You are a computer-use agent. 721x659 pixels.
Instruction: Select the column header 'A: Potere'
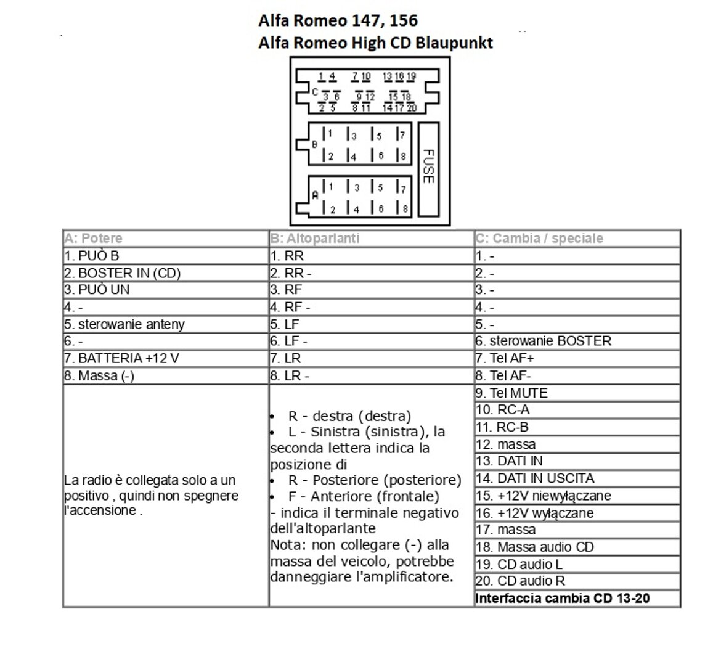tap(93, 238)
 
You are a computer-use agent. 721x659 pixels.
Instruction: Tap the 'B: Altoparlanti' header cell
tap(314, 238)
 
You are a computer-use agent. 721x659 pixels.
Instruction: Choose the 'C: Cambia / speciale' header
tap(539, 238)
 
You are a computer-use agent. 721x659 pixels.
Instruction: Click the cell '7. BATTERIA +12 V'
tap(121, 358)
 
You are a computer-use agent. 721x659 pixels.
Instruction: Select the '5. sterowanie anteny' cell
tap(124, 324)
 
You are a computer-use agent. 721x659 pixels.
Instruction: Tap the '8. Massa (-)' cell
tap(99, 375)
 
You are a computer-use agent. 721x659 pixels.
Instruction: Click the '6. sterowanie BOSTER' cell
tap(544, 341)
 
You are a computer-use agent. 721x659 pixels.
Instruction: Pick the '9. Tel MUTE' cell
tap(511, 393)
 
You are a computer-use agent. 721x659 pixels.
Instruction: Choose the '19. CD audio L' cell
tap(519, 563)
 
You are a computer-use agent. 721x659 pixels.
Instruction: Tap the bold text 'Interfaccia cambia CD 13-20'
tap(563, 598)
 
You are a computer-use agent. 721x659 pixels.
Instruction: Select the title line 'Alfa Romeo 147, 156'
tap(338, 20)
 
